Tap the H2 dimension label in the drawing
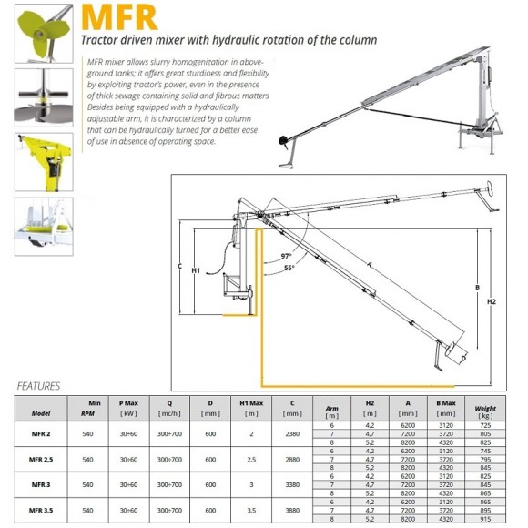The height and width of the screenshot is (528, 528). [x=492, y=301]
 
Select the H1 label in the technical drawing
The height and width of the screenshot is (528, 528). [x=196, y=270]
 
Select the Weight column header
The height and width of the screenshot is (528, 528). [x=485, y=409]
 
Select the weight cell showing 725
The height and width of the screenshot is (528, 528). [x=486, y=426]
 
